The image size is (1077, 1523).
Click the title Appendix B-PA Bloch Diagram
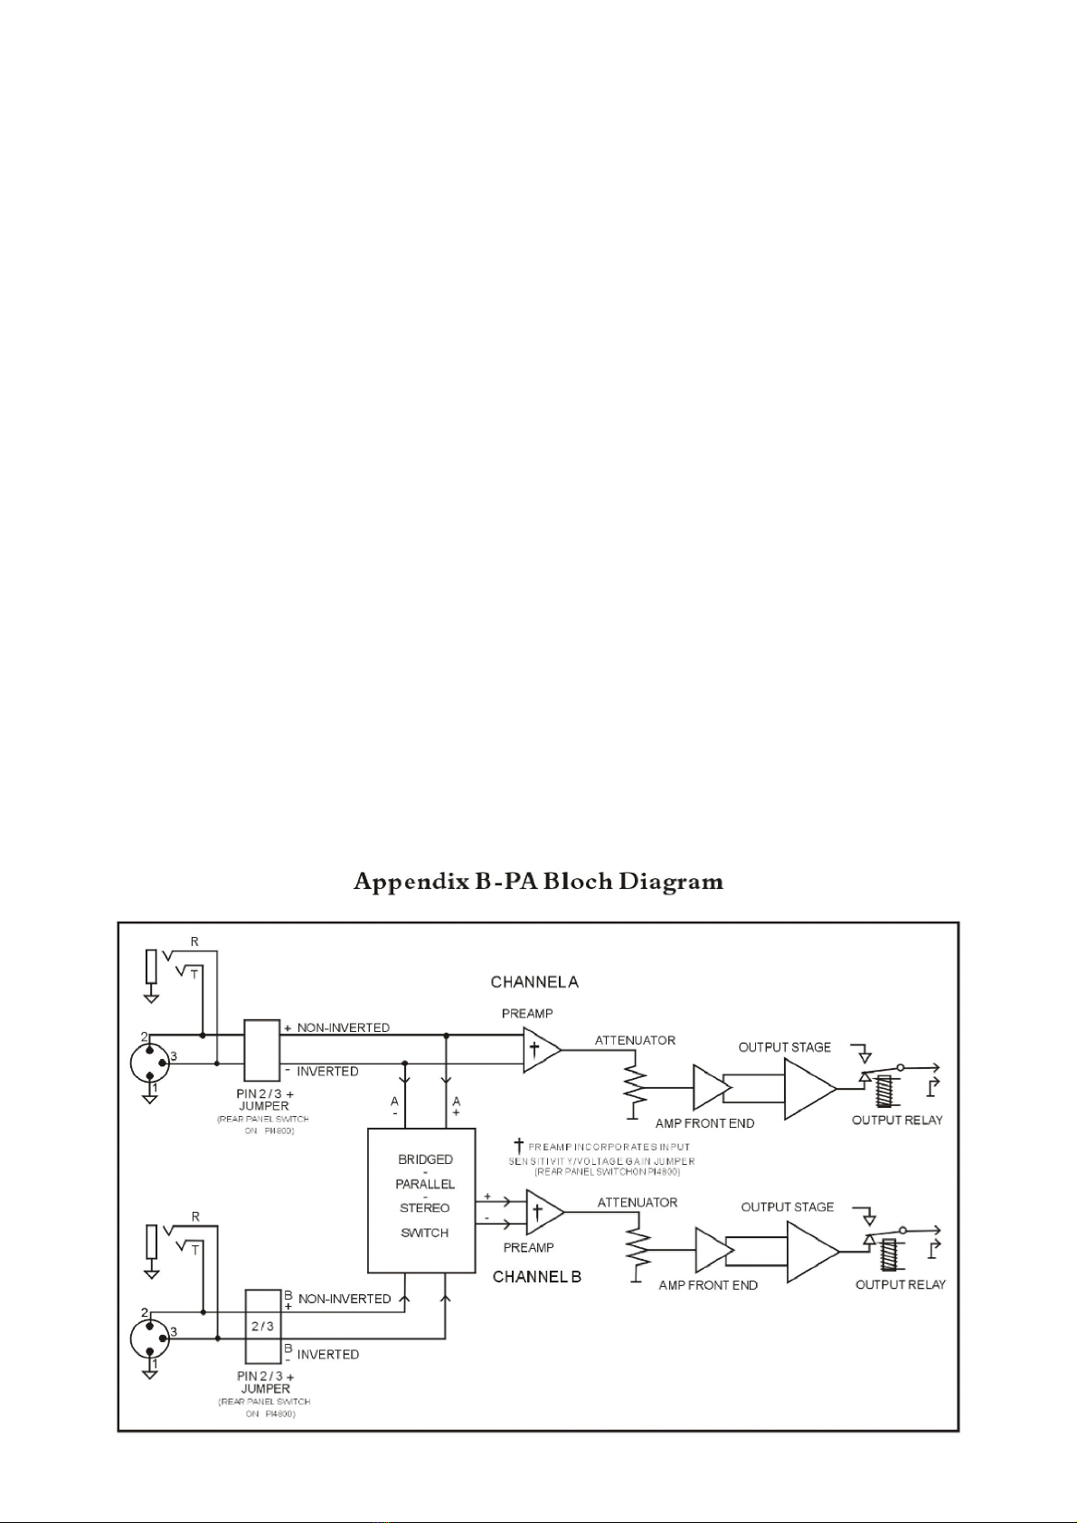coord(538,881)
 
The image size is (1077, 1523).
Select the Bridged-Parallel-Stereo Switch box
coord(421,1200)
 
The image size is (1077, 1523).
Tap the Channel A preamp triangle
coord(540,1050)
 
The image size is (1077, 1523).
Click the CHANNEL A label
coord(534,981)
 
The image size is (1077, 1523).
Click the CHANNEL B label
coord(536,1277)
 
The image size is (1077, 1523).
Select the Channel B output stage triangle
coord(809,1251)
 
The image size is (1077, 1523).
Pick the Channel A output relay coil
coord(885,1091)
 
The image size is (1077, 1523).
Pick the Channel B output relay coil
coord(887,1254)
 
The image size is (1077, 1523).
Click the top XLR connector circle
coord(149,1062)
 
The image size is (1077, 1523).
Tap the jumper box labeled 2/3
coord(262,1326)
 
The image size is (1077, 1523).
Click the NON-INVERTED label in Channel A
coord(343,1027)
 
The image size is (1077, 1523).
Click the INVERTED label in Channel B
coord(328,1354)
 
